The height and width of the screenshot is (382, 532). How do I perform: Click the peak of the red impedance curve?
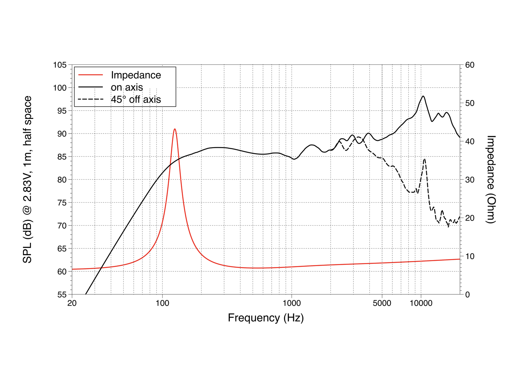point(175,129)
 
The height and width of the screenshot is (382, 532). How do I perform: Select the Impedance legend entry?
point(136,75)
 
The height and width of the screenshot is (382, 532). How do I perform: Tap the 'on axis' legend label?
point(127,87)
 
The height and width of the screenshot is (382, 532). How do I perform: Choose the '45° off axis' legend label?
point(136,99)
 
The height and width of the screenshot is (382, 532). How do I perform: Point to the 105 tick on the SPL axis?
point(60,65)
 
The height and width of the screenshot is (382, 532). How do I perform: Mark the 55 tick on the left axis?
point(62,295)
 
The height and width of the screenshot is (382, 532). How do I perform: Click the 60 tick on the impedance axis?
point(470,65)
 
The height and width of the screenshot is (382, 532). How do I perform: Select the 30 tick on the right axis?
point(470,180)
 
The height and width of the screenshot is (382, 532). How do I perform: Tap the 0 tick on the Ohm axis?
point(467,295)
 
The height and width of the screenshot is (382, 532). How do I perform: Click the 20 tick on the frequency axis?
point(72,303)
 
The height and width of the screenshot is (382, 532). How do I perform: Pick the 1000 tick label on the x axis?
point(292,303)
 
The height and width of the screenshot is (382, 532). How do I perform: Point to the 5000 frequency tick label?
point(382,303)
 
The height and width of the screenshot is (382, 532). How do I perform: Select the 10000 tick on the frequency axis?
point(421,303)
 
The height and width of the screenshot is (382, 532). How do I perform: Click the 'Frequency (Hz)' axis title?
point(266,318)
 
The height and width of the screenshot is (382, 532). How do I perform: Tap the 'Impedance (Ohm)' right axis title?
point(491,179)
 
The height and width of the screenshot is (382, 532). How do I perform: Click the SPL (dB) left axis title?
point(27,179)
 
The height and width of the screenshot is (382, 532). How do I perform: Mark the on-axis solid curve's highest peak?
point(423,96)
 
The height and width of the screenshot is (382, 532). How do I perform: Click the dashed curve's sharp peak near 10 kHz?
point(425,159)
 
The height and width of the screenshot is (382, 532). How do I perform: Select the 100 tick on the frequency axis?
point(162,303)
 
